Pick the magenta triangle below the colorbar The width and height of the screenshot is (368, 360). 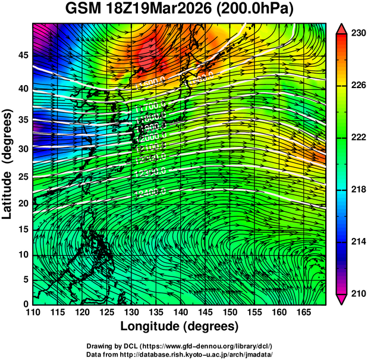[x=342, y=299]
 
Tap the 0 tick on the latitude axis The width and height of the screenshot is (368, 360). [x=27, y=303]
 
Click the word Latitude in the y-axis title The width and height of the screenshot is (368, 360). [x=8, y=187]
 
